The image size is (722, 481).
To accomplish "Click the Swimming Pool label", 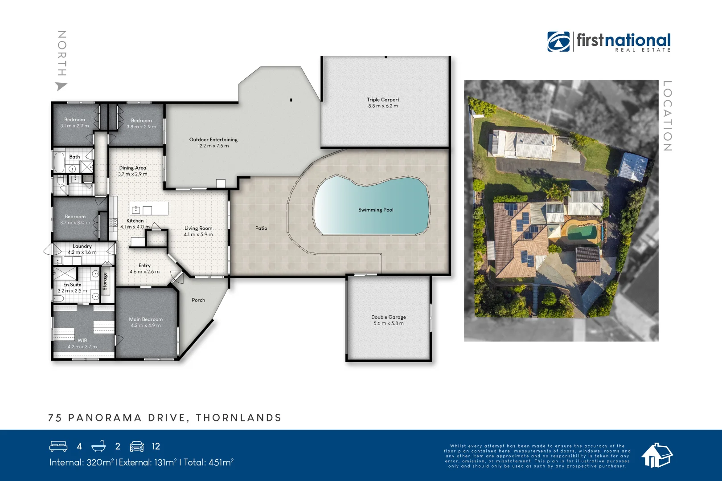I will (x=376, y=210).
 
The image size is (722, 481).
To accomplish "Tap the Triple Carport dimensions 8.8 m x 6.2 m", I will (x=383, y=106).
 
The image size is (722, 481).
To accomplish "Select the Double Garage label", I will (x=388, y=317).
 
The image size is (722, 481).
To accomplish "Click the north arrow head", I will (x=61, y=86).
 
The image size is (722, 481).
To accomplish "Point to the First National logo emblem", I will (x=558, y=41).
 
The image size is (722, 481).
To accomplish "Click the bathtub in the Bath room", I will (x=59, y=162).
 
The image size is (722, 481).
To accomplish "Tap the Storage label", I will (x=105, y=281).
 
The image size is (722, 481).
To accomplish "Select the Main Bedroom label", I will (x=146, y=319).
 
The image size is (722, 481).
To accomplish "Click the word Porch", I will (x=198, y=300).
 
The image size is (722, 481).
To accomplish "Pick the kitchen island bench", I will (x=149, y=208).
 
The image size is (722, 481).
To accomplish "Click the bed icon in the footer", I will (x=58, y=446).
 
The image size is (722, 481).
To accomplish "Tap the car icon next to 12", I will (x=137, y=446).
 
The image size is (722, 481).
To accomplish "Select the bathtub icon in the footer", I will (x=98, y=446).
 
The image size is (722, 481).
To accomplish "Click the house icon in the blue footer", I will (x=656, y=455).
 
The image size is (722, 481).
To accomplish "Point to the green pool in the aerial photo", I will (x=582, y=232).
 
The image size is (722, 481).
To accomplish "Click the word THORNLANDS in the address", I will (x=238, y=418).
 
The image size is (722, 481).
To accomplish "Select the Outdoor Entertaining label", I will (x=213, y=139).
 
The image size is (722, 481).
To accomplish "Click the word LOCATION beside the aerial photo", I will (x=667, y=116).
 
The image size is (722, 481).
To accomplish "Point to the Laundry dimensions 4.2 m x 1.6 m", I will (x=82, y=252).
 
